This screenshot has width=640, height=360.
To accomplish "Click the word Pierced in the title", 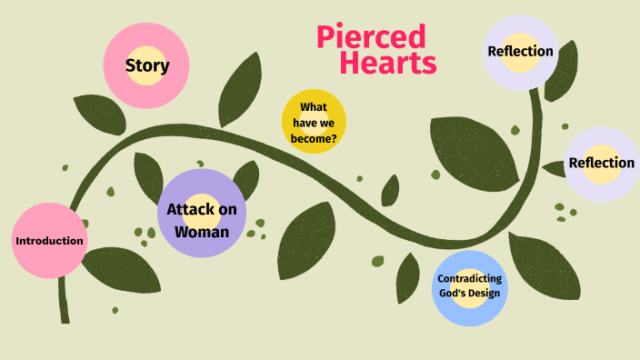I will pyautogui.click(x=371, y=37).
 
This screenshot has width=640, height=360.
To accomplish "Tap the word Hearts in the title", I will pyautogui.click(x=388, y=63).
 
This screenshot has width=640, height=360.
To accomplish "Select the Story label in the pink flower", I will pyautogui.click(x=147, y=65).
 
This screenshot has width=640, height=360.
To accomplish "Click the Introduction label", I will pyautogui.click(x=50, y=241).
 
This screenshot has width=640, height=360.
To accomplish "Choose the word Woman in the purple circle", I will pyautogui.click(x=202, y=231).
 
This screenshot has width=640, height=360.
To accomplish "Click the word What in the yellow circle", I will pyautogui.click(x=314, y=108).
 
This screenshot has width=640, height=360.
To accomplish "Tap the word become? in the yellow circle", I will pyautogui.click(x=314, y=139).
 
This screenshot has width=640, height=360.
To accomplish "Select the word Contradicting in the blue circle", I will pyautogui.click(x=469, y=278).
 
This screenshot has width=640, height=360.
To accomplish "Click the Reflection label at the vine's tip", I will pyautogui.click(x=520, y=51).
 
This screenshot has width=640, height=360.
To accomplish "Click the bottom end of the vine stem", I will pyautogui.click(x=64, y=317).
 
